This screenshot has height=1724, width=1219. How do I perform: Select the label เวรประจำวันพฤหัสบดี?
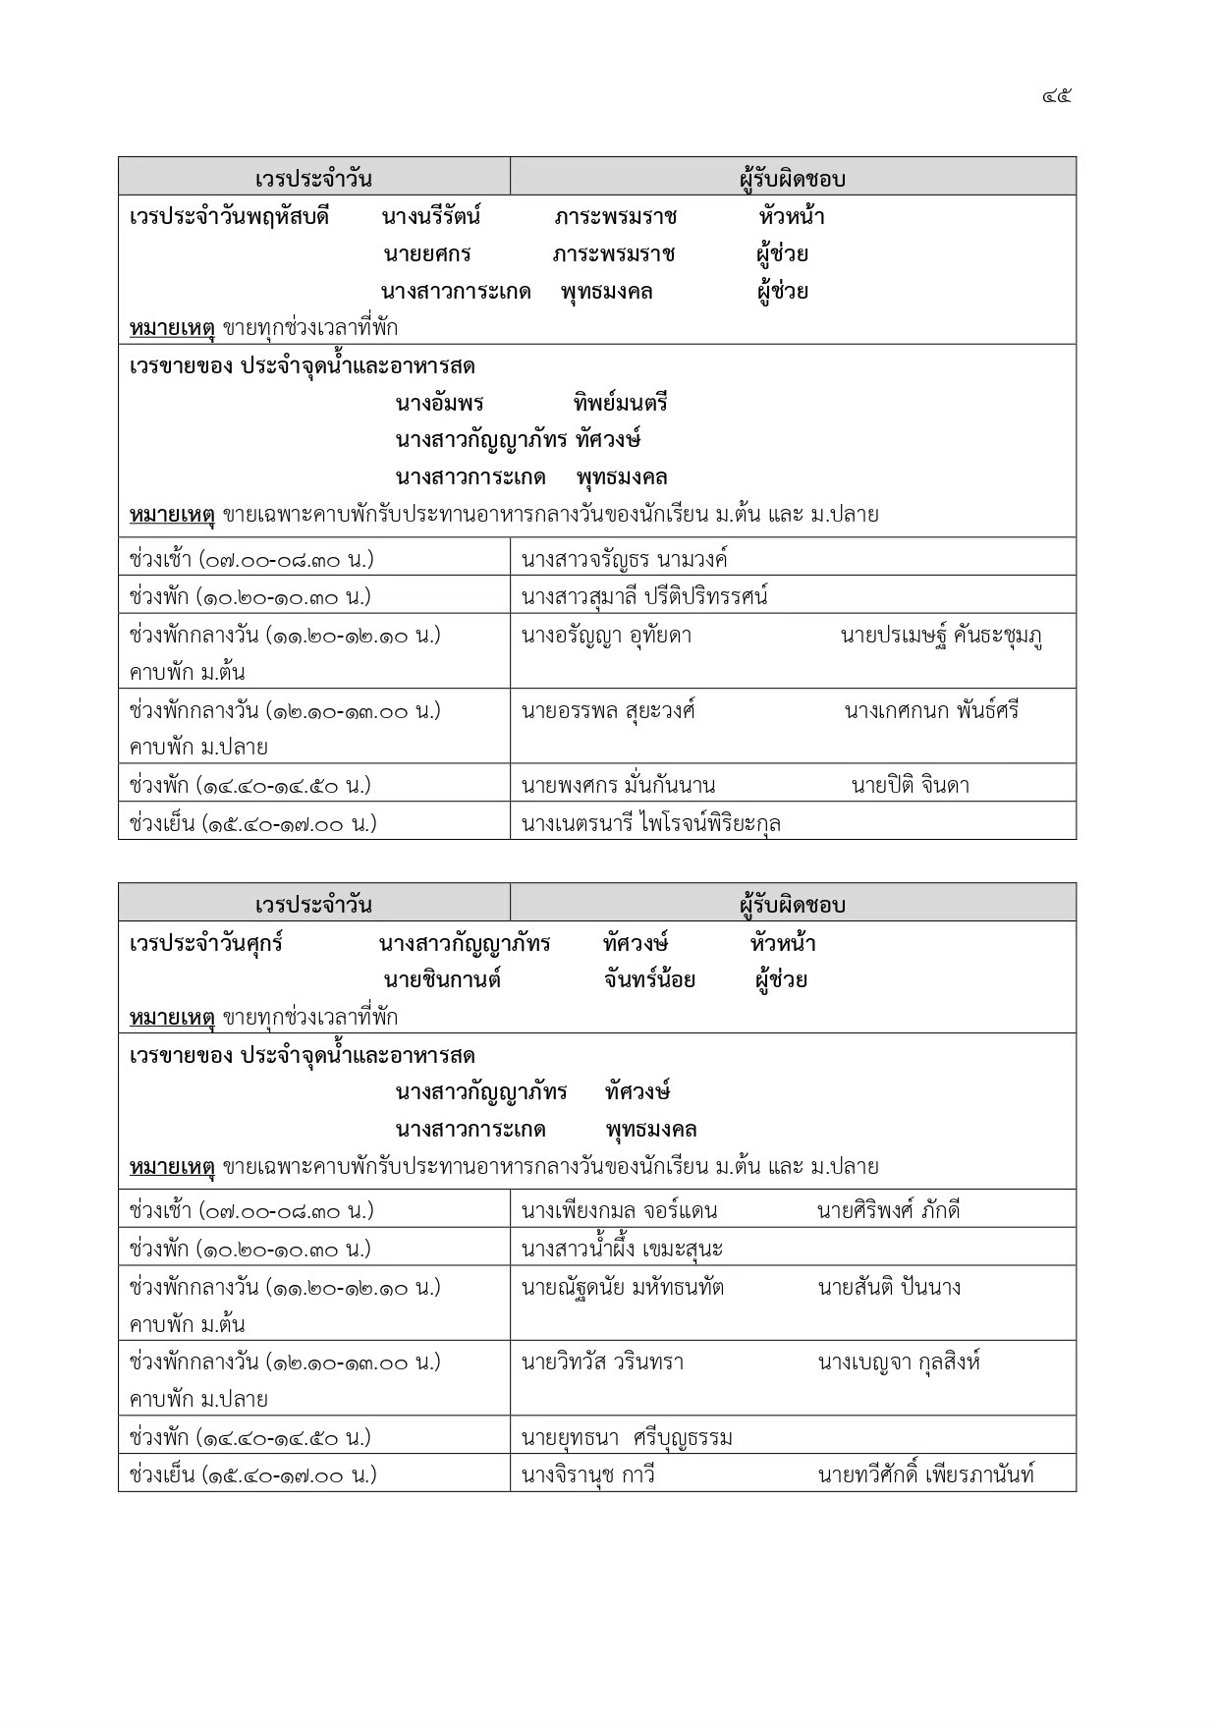(228, 216)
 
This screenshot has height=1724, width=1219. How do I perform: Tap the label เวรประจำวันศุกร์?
(206, 943)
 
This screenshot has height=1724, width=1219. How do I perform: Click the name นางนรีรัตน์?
(430, 216)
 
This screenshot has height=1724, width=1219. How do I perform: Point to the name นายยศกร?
(427, 253)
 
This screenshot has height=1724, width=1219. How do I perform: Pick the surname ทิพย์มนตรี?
(620, 403)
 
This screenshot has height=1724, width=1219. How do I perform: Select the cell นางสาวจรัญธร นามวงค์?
(625, 560)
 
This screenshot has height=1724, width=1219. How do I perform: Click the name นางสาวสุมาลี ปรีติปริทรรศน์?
(644, 596)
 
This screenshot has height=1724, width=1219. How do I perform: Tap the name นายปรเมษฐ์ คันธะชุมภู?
(941, 636)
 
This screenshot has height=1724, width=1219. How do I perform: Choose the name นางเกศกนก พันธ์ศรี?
(931, 710)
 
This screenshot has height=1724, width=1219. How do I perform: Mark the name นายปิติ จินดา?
(911, 785)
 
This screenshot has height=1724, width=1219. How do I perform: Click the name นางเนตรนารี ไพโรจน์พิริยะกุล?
(651, 823)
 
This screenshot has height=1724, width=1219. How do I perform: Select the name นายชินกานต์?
(442, 979)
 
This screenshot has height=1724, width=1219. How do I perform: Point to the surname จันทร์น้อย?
(649, 979)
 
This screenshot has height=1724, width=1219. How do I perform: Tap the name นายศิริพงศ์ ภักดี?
(888, 1210)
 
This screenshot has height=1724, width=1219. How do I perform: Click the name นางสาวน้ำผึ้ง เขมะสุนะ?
(622, 1249)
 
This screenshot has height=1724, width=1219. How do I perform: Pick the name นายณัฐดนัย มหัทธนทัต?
(623, 1287)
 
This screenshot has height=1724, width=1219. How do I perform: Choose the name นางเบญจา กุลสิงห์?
(899, 1362)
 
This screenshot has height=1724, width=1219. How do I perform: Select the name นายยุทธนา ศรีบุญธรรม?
(627, 1438)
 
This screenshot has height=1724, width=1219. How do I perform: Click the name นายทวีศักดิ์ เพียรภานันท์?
(925, 1474)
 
